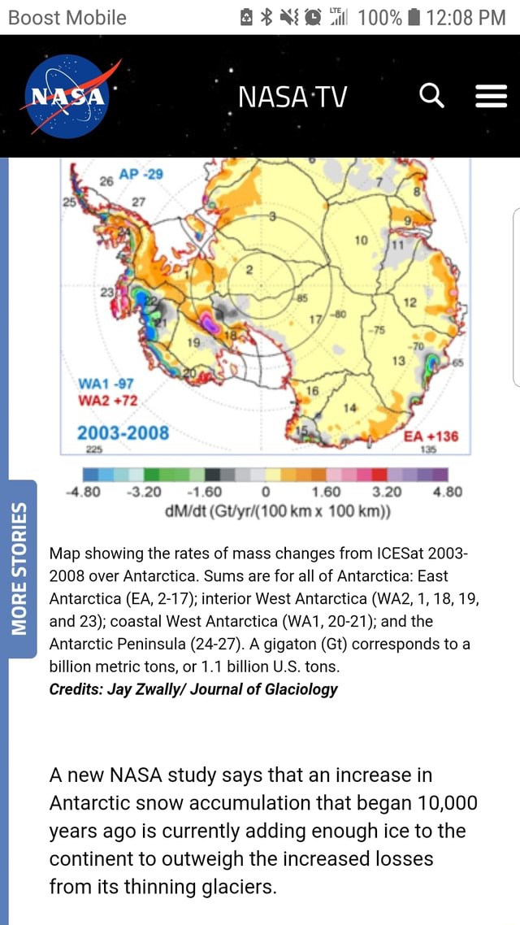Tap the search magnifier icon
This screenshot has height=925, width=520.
point(431,98)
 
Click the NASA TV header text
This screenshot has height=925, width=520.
point(292,98)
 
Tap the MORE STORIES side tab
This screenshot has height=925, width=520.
point(18,568)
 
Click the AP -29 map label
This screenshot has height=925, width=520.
point(141,175)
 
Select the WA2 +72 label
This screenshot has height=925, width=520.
point(107,401)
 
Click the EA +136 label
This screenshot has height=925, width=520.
point(430,436)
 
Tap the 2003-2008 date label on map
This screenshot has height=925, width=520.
point(123,432)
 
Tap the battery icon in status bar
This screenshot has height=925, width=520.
point(414,17)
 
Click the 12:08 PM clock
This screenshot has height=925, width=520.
point(466,17)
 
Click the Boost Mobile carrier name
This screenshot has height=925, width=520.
point(67,17)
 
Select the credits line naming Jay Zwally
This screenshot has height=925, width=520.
point(193,689)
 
